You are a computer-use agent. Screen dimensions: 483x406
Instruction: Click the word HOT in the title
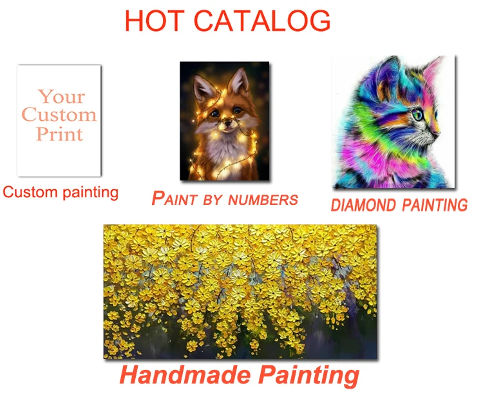click(155, 21)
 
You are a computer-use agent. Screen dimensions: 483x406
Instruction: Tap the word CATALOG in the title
click(262, 21)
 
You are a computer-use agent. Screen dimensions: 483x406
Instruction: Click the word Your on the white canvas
click(62, 97)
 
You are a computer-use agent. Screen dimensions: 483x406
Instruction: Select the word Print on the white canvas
click(59, 134)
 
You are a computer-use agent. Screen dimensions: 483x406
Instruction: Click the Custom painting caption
click(61, 192)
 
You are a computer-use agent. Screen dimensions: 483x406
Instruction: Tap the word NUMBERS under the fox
click(263, 200)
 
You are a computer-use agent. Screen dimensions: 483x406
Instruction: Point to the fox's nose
click(227, 122)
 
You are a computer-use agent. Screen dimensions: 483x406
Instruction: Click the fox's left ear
click(204, 88)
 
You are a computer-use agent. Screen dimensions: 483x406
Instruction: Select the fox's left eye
click(214, 114)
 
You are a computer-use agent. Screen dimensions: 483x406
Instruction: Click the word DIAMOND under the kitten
click(363, 205)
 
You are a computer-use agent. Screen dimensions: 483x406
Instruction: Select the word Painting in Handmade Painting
click(308, 376)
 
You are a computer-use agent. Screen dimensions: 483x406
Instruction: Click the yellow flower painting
click(240, 292)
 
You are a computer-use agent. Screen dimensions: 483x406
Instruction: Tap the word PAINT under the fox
click(175, 198)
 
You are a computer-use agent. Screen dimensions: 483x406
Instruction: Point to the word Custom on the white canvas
click(59, 114)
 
